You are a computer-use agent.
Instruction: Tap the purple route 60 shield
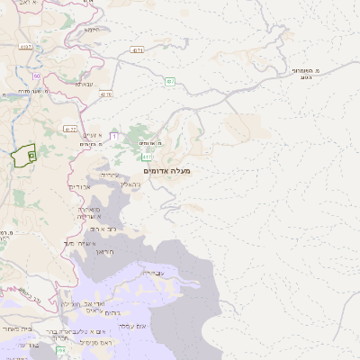tap(37, 76)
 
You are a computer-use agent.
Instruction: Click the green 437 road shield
tap(169, 82)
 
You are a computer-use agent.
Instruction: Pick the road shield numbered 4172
tap(70, 129)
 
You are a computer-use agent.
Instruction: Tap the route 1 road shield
tap(114, 136)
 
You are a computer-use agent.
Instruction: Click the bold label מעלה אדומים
tap(167, 170)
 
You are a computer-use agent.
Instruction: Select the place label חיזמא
tap(91, 30)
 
